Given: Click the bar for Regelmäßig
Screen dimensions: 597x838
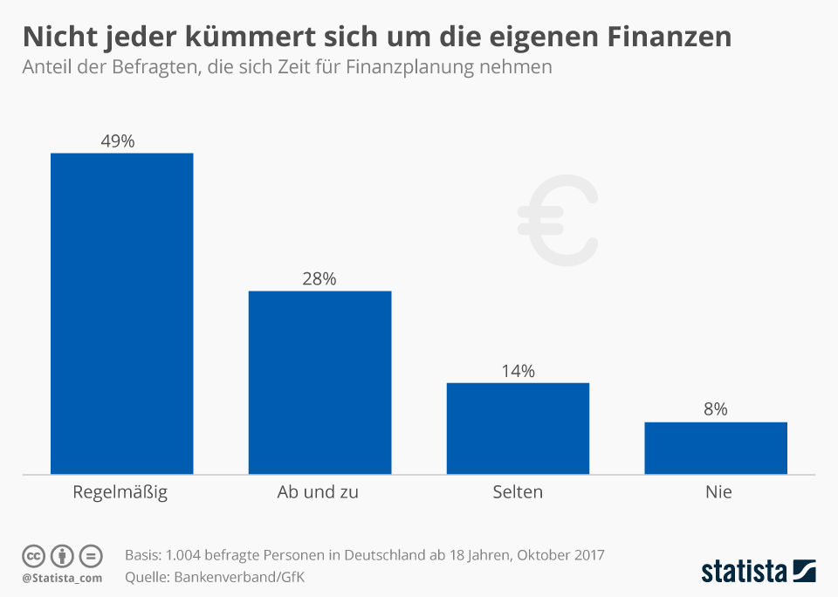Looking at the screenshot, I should [121, 313].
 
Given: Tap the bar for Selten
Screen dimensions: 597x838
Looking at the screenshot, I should [518, 429].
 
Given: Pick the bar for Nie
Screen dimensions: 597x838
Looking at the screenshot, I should [716, 448].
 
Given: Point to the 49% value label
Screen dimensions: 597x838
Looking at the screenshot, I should [118, 141].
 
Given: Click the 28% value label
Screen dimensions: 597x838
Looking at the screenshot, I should [319, 278].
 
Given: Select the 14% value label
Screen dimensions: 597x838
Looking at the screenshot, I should [518, 371].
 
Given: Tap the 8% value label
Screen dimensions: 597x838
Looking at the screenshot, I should [716, 409].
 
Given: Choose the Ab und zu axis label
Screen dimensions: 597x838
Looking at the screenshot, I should [318, 492].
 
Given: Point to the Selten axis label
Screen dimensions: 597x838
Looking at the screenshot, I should [517, 492].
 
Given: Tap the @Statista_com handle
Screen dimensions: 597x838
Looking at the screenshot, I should [62, 578].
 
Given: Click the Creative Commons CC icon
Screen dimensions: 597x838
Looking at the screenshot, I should [34, 556].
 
